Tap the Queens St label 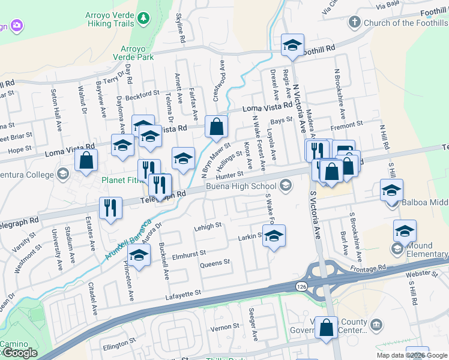[214, 263]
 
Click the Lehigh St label [208, 226]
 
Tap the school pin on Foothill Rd [292, 46]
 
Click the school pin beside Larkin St [274, 236]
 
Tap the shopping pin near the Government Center [327, 328]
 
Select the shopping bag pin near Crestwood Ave [216, 127]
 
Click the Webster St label [418, 274]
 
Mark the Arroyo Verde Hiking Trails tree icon [143, 19]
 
